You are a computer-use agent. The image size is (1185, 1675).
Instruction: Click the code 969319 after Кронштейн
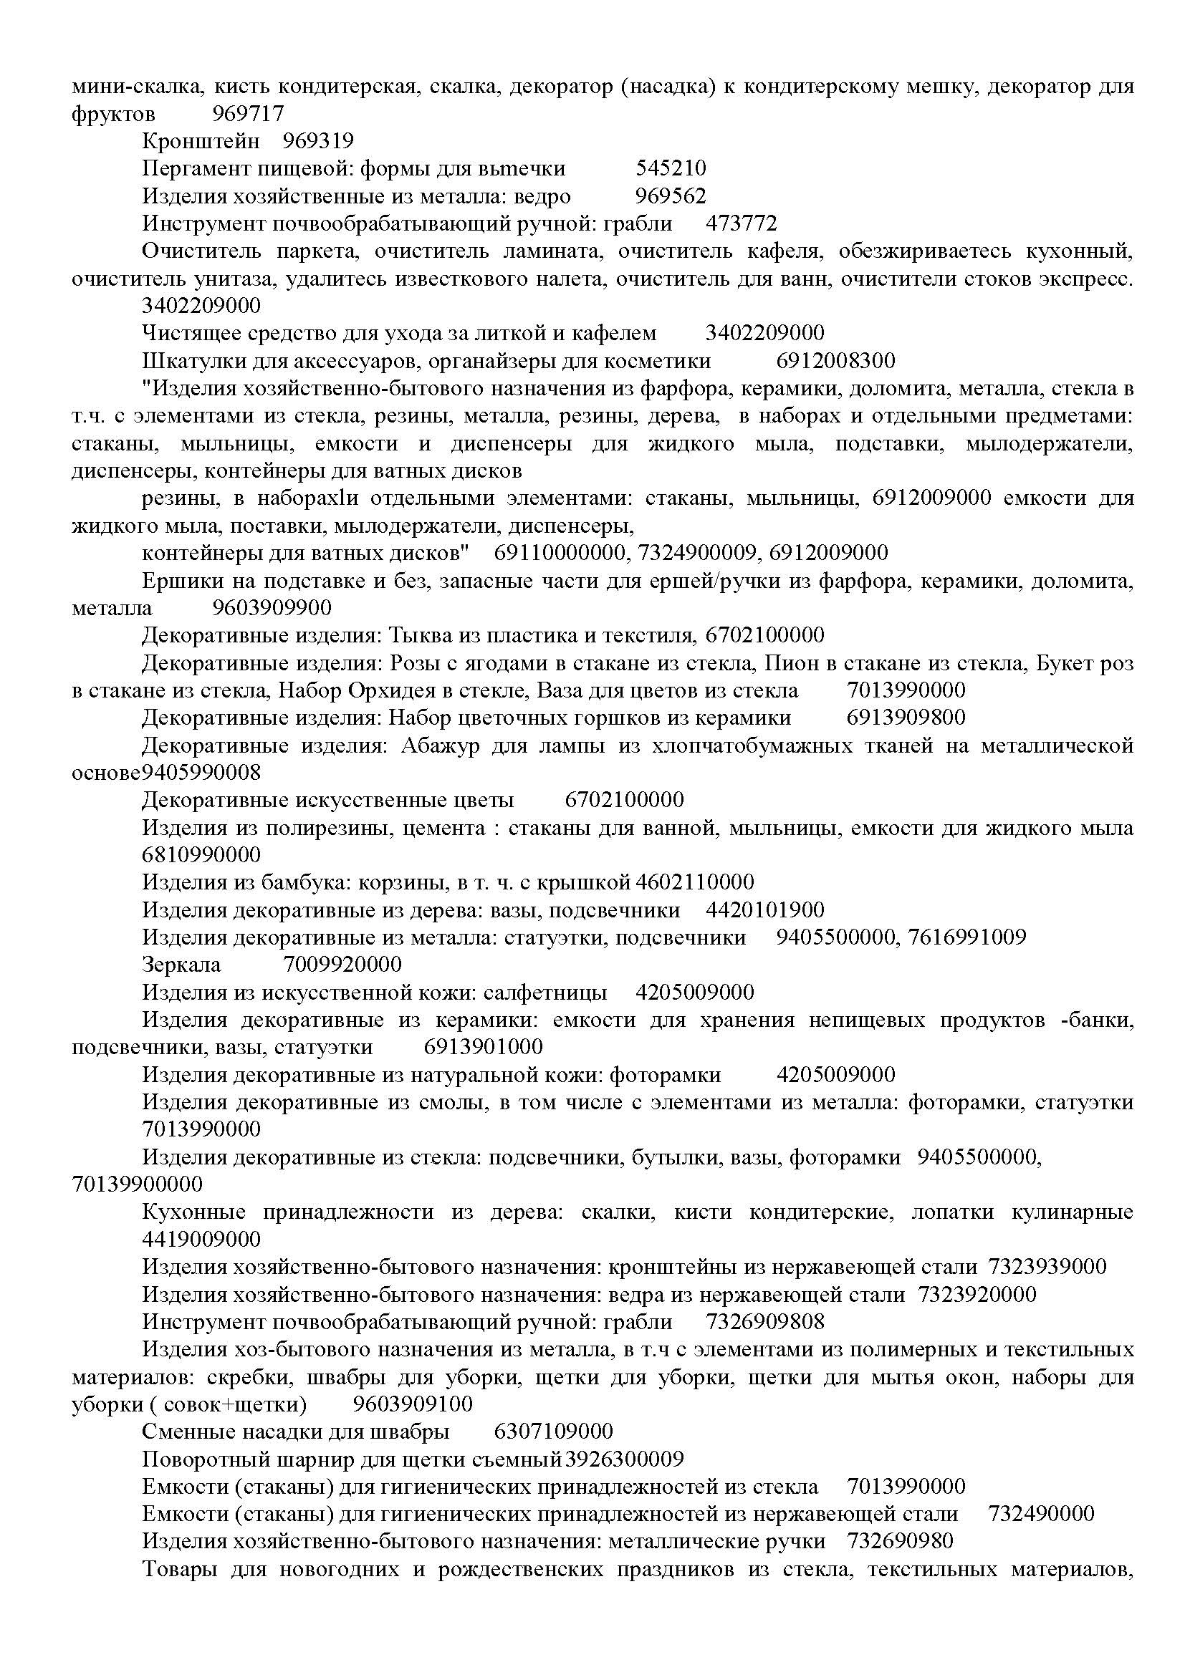tap(317, 141)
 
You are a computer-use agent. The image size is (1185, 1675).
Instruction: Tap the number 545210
tap(671, 168)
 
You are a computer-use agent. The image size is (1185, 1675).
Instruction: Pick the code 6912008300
tap(835, 361)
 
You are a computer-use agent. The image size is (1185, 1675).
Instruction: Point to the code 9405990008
tap(201, 772)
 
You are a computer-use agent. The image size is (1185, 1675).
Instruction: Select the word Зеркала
tap(181, 965)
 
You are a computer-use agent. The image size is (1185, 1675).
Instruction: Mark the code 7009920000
tap(342, 965)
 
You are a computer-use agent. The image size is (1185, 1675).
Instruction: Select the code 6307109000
tap(553, 1432)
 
